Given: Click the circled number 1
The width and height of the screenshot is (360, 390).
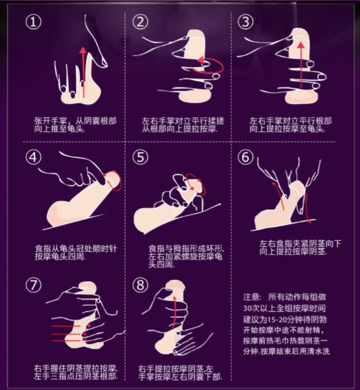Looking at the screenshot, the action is click(x=33, y=21).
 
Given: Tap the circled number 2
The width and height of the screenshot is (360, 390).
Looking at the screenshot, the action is click(x=140, y=21).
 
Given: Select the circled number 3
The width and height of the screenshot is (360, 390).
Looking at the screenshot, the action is click(x=246, y=21).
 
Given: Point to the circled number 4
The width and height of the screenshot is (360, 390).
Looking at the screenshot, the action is click(x=33, y=157).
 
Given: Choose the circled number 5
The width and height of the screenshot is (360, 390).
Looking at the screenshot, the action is click(x=140, y=157).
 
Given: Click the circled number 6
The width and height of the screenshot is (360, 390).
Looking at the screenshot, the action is click(x=246, y=157).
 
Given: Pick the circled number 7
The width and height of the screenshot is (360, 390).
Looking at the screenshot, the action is click(x=33, y=285).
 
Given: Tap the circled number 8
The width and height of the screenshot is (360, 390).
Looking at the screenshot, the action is click(x=140, y=285).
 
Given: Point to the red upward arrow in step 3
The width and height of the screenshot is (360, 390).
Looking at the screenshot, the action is click(x=301, y=65).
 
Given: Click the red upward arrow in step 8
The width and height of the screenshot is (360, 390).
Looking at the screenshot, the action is click(x=174, y=311).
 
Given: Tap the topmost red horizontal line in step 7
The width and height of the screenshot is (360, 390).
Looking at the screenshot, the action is click(x=66, y=326).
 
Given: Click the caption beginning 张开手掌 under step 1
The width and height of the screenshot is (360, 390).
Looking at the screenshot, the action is click(x=76, y=125).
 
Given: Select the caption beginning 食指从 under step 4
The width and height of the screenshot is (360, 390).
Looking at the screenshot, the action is click(x=76, y=252).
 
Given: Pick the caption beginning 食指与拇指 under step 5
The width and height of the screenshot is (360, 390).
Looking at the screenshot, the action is click(x=186, y=256).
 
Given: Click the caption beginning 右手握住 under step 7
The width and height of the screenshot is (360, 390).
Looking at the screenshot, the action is click(x=76, y=372).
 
